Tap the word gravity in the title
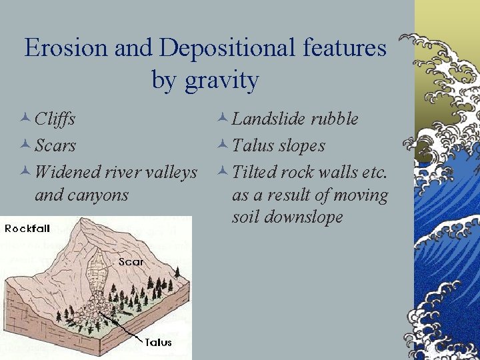point(222,81)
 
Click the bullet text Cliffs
point(55,119)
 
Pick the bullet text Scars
point(55,145)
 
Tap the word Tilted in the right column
point(255,171)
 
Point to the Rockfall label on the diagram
point(27,229)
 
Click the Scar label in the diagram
point(131,262)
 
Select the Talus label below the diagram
point(158,342)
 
